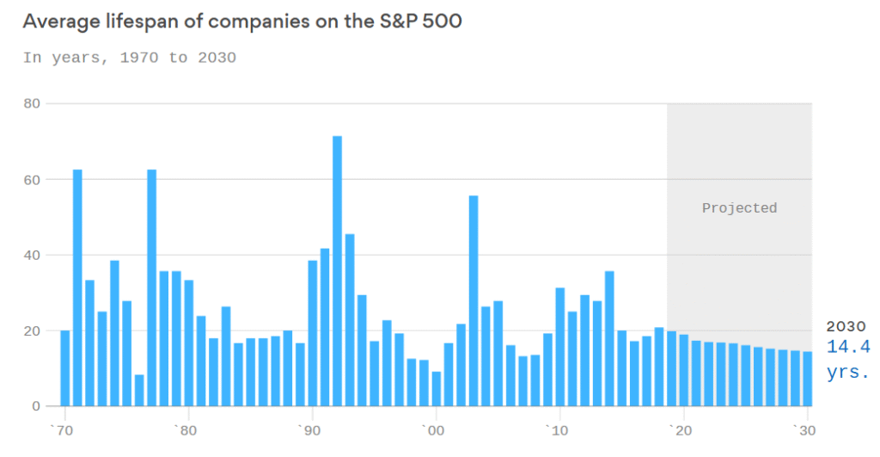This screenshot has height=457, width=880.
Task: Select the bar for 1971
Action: pyautogui.click(x=77, y=287)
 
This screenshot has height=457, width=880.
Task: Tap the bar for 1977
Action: pyautogui.click(x=151, y=287)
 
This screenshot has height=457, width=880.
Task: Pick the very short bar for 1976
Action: pyautogui.click(x=139, y=391)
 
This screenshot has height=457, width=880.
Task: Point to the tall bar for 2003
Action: pyautogui.click(x=474, y=301)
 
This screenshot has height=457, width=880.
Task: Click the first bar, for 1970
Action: pyautogui.click(x=64, y=368)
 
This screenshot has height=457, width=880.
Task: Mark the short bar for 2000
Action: pyautogui.click(x=437, y=389)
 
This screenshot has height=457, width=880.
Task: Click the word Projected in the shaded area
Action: pyautogui.click(x=739, y=207)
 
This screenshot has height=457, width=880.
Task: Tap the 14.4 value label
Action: pyautogui.click(x=847, y=347)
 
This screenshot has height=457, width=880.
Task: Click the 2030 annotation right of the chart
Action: pyautogui.click(x=846, y=326)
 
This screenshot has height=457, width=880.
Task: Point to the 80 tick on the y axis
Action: pyautogui.click(x=33, y=103)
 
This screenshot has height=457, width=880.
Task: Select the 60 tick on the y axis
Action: pyautogui.click(x=33, y=179)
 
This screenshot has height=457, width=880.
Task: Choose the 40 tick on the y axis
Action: pyautogui.click(x=33, y=255)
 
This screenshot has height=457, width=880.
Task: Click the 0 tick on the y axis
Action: pyautogui.click(x=37, y=406)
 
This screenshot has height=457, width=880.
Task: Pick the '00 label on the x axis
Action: pyautogui.click(x=434, y=430)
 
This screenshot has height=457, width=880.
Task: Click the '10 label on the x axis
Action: pyautogui.click(x=558, y=430)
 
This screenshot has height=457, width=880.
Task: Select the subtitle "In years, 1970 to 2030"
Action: pyautogui.click(x=129, y=58)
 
